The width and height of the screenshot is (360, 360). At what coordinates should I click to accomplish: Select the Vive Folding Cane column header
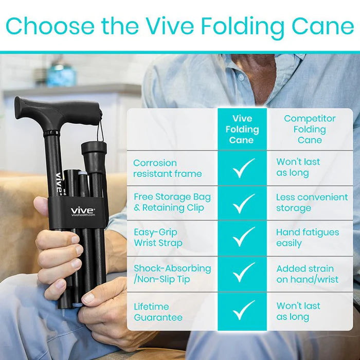click(242, 129)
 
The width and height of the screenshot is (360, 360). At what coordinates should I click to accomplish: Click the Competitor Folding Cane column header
click(310, 129)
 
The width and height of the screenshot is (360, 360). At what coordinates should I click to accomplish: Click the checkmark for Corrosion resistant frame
click(243, 168)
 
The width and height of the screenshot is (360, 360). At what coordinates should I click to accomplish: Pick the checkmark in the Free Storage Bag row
click(243, 203)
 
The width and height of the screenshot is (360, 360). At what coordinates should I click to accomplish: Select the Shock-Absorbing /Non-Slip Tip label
click(172, 274)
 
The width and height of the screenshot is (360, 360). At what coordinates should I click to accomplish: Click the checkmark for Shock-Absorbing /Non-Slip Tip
click(243, 274)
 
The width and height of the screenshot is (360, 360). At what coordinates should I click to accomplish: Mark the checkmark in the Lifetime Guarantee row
click(243, 310)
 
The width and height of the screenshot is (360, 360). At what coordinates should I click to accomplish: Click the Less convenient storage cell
click(312, 203)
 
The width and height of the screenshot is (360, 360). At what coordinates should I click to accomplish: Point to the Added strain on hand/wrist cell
click(308, 274)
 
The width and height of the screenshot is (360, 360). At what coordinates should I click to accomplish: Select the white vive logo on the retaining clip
click(82, 210)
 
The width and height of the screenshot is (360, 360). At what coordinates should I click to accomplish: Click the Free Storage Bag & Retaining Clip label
click(172, 203)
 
